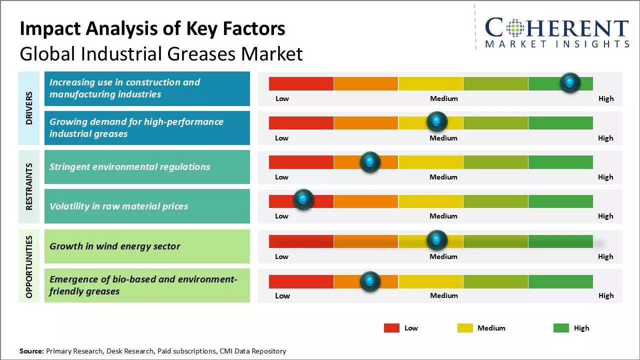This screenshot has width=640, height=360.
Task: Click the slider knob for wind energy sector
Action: coord(437,240)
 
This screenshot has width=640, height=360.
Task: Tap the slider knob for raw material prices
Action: coord(303,199)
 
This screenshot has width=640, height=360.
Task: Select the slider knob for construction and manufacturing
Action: coord(570,82)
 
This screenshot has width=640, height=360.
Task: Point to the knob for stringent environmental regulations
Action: coord(370,162)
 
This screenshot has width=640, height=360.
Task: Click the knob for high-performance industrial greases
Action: coord(437,121)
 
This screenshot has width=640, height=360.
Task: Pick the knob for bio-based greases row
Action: coord(370,281)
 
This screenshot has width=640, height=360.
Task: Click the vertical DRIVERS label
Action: coord(29,108)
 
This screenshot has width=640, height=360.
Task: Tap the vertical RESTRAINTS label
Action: coord(29,186)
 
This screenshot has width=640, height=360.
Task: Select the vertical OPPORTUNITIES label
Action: coord(29,266)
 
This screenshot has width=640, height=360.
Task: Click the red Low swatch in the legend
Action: coord(391,328)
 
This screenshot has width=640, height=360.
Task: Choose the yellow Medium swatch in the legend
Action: coord(465,328)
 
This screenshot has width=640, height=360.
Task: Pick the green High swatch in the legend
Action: coord(561,328)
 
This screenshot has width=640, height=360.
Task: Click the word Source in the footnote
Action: coord(31,351)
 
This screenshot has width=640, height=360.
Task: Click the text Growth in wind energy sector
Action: coord(115,246)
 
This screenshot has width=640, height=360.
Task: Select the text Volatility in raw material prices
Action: coord(118,206)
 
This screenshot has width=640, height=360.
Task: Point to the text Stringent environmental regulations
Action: coord(129,167)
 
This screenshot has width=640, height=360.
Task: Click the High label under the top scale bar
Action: coord(606,98)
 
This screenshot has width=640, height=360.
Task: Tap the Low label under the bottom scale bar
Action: coord(282,295)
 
